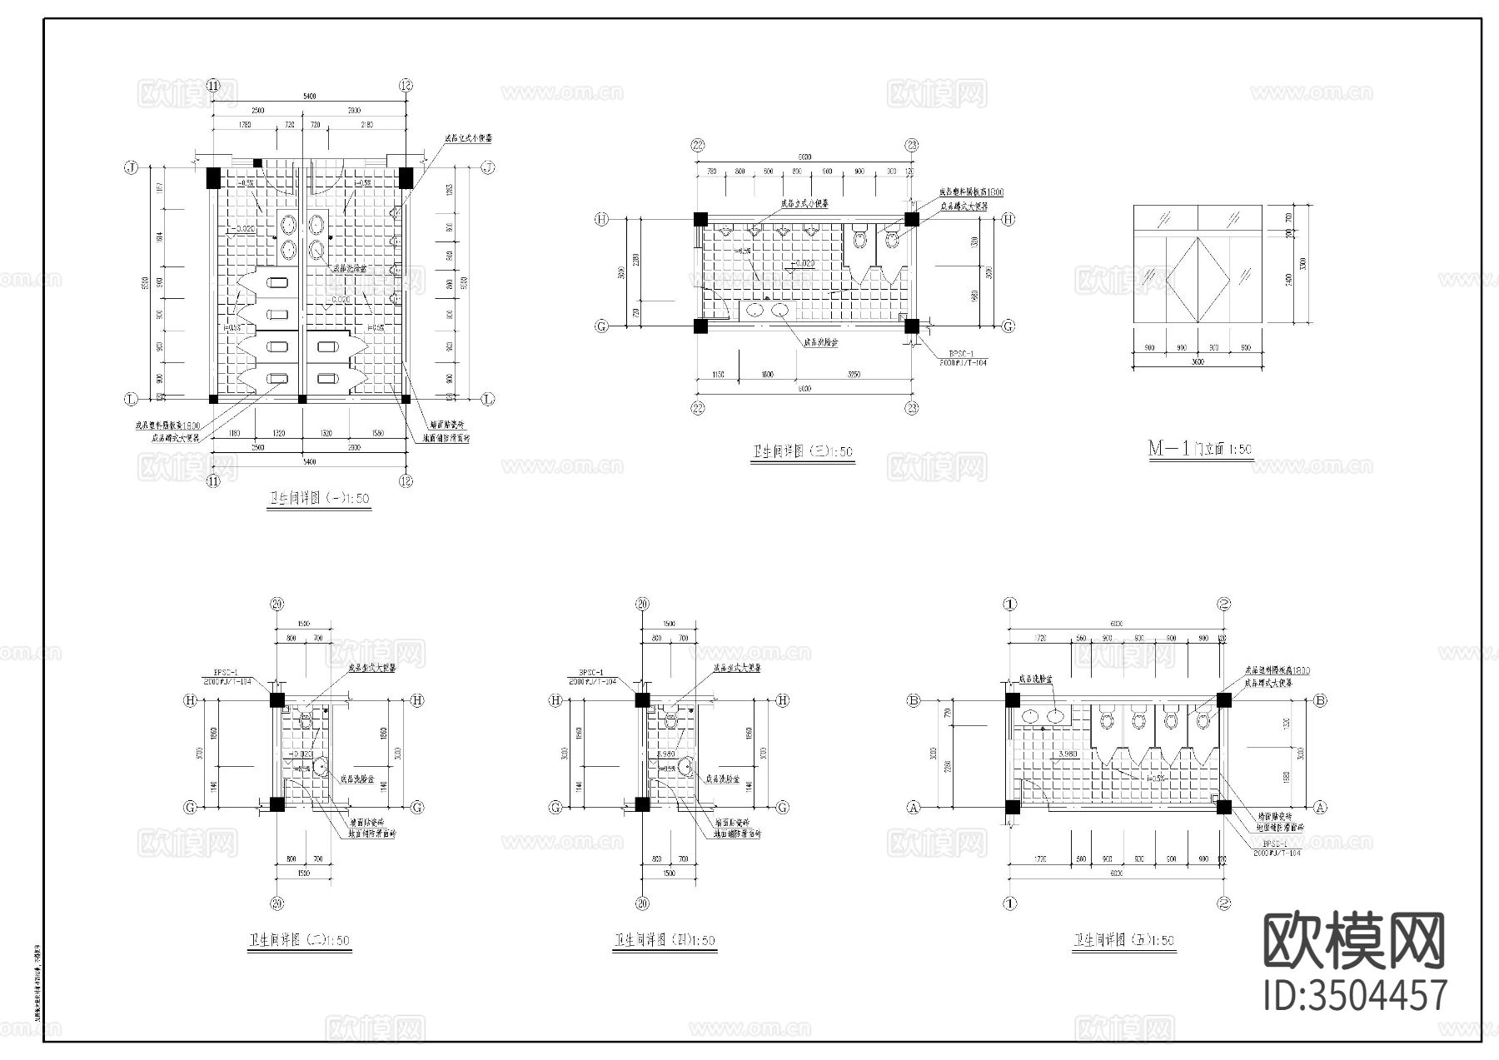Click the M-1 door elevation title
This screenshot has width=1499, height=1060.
pyautogui.click(x=1200, y=449)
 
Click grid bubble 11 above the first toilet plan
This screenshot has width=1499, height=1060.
pyautogui.click(x=213, y=86)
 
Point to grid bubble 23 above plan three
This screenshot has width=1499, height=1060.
pyautogui.click(x=912, y=145)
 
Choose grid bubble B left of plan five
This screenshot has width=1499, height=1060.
pyautogui.click(x=914, y=700)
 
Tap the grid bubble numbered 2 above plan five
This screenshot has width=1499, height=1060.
pyautogui.click(x=1224, y=605)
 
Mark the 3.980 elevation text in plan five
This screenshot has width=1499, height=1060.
pyautogui.click(x=1067, y=755)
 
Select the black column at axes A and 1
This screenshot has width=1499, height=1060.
pyautogui.click(x=1013, y=807)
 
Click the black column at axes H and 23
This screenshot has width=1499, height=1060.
pyautogui.click(x=912, y=220)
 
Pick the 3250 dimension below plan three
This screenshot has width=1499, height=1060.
pyautogui.click(x=854, y=375)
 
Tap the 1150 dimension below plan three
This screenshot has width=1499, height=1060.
pyautogui.click(x=719, y=375)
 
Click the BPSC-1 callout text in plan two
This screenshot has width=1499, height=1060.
pyautogui.click(x=227, y=672)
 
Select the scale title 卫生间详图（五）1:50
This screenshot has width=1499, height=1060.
pyautogui.click(x=1124, y=941)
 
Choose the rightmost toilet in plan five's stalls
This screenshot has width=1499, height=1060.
pyautogui.click(x=1203, y=719)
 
